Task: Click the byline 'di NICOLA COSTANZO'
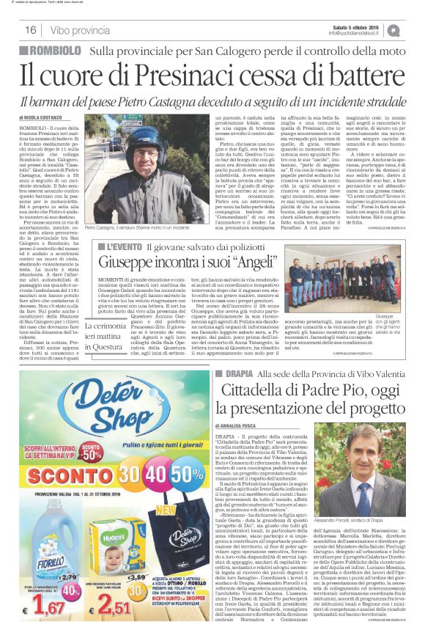click(x=39, y=117)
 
